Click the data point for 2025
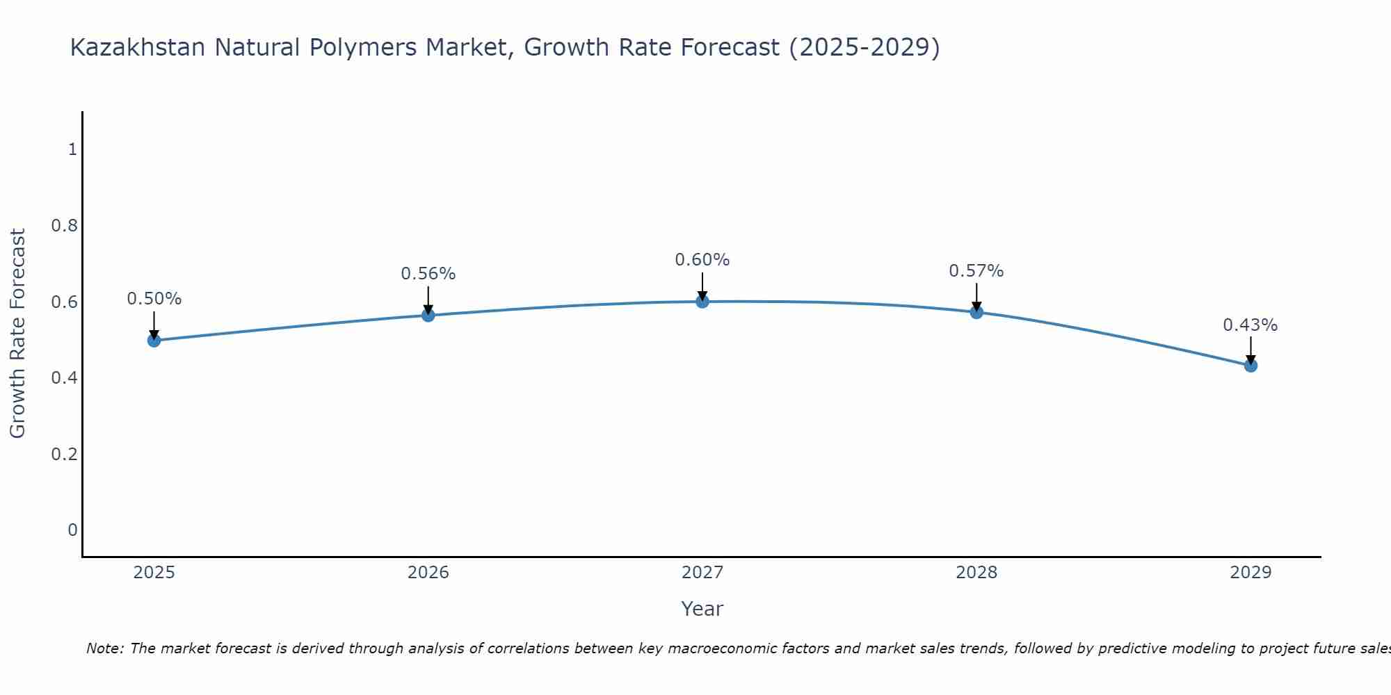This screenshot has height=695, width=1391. click(x=154, y=341)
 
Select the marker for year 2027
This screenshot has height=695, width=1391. click(x=702, y=302)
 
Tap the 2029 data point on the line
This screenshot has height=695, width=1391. click(x=1251, y=366)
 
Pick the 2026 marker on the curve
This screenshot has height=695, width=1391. click(x=428, y=316)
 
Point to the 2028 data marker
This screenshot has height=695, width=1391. click(x=976, y=312)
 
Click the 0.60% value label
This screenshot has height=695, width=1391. click(x=702, y=260)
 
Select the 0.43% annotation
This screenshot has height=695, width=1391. click(x=1251, y=325)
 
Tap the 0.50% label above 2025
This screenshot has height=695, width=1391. click(x=154, y=299)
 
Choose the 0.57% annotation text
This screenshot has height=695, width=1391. click(x=976, y=271)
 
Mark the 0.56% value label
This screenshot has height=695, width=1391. click(x=428, y=274)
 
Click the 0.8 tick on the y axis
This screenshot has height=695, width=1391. click(x=64, y=226)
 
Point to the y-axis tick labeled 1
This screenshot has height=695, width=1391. click(x=72, y=149)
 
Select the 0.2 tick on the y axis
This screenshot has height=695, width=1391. click(x=64, y=455)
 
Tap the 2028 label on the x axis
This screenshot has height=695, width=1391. click(x=976, y=573)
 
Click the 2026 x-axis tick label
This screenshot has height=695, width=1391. click(x=428, y=573)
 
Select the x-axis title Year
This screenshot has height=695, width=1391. click(x=702, y=609)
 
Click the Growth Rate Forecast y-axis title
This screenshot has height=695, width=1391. click(x=18, y=334)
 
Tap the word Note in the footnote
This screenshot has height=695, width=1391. click(x=104, y=648)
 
